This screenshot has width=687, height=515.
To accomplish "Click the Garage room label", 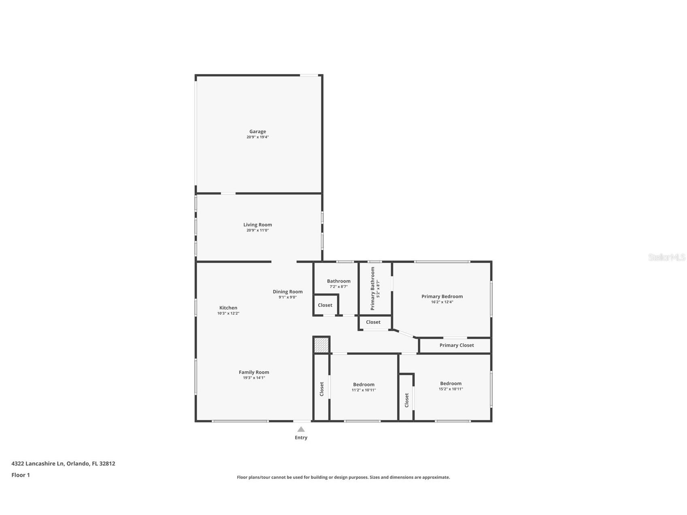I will pos(257,132).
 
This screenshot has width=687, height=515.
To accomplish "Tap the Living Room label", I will pos(257,225).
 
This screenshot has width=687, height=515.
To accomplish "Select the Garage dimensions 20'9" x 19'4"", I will pos(257,137).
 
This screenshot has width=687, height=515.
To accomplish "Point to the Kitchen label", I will pos(228,308).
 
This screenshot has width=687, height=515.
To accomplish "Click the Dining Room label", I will pos(287,292).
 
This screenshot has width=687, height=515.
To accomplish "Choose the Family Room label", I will pos(254,372).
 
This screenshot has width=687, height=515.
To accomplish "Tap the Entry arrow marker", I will pos(301,429).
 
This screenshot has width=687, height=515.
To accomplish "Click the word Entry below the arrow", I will pos(301,438).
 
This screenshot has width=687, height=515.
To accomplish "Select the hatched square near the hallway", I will pos(321,345).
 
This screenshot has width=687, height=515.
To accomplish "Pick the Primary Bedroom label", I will pos(442,296).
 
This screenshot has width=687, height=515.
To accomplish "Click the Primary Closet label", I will pos(457,345).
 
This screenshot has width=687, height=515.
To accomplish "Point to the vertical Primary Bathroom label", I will pos(373,288).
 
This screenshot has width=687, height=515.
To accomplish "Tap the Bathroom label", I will pos(338,281).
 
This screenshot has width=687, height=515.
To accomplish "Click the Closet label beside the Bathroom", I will pos(325,305).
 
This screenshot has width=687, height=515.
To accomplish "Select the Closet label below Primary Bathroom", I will pos(373,322).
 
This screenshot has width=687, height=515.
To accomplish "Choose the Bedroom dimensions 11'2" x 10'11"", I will pos(364,390).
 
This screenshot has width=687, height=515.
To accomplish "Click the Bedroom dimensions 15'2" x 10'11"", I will pos(451,389).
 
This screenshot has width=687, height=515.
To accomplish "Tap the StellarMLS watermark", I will pos(666,257).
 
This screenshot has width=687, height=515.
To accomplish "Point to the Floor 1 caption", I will pos(21,475).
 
